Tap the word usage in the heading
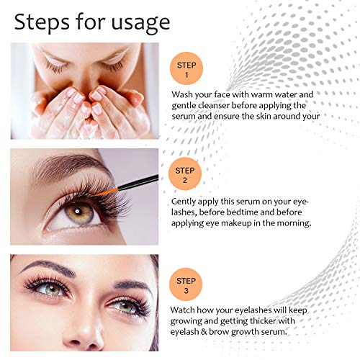point(139,22)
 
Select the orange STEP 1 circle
point(186,69)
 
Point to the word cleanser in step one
point(229,105)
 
